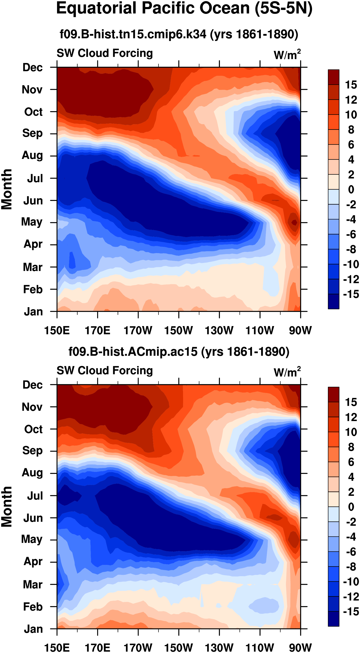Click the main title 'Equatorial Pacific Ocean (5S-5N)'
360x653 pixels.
point(184,8)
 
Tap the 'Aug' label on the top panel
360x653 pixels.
point(32,155)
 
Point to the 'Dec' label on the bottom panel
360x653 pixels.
point(32,385)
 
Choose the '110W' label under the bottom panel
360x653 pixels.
point(260,647)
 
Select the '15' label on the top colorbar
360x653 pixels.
point(351,85)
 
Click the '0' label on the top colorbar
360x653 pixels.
point(351,189)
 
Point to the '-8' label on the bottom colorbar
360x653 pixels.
point(351,567)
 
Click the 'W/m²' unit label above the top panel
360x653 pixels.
point(287,54)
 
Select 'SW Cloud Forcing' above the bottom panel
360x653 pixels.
point(105,371)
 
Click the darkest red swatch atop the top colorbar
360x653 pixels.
point(333,77)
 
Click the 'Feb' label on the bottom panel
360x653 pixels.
point(33,607)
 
